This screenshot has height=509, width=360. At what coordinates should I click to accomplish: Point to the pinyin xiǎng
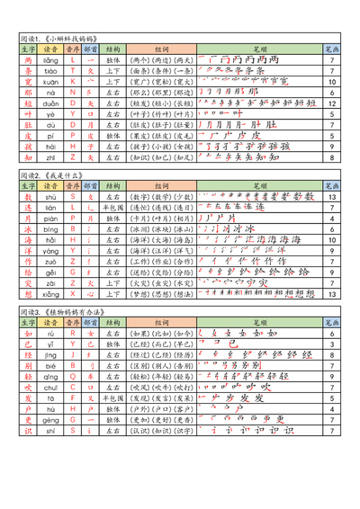(51, 292)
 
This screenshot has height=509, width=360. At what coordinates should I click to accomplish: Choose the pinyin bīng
(51, 229)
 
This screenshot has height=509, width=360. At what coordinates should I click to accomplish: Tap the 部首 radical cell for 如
(90, 333)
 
